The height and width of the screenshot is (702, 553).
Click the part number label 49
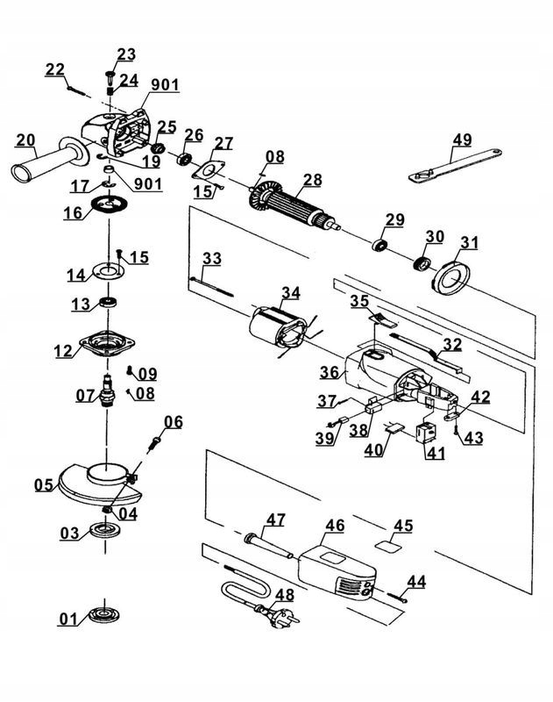462,139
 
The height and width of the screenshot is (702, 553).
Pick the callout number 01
68,620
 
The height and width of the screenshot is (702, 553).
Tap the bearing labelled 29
379,242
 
